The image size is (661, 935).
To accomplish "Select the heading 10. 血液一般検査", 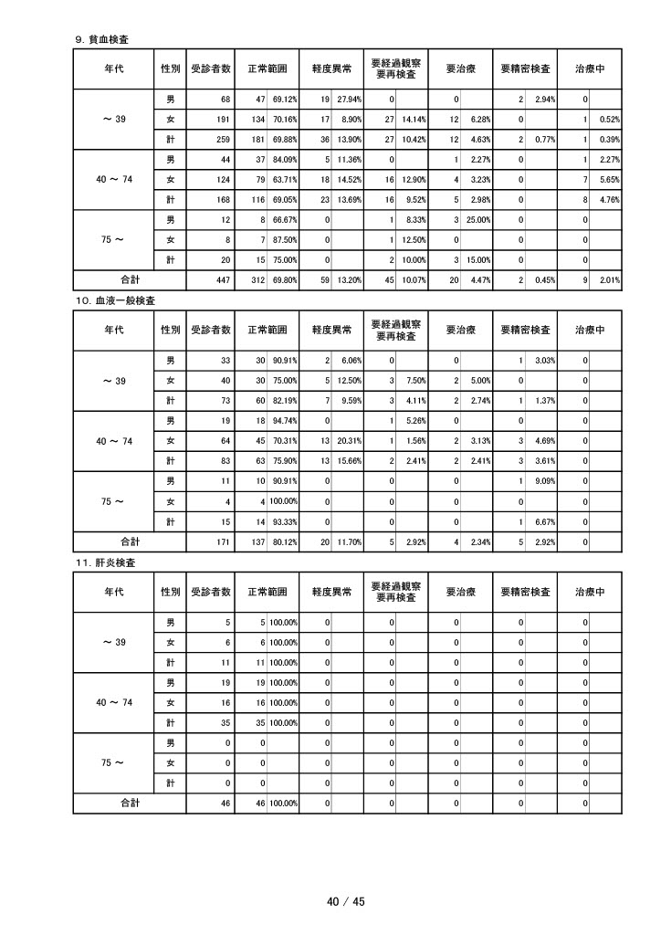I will click(114, 299).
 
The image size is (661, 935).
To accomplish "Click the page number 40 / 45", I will click(346, 901).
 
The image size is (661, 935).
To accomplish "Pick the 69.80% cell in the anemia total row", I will click(284, 280).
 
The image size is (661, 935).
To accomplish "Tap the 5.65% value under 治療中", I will click(608, 180).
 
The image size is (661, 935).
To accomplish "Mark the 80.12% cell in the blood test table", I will click(284, 541).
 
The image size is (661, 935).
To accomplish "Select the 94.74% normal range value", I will click(284, 420).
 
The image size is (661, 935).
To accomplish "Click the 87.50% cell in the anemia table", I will click(284, 240).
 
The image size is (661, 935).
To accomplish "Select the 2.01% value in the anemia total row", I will click(608, 280).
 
